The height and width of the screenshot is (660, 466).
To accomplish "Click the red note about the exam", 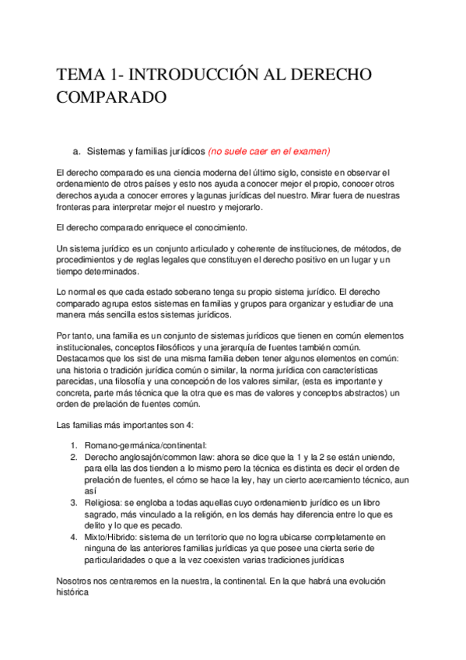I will tap(269, 151).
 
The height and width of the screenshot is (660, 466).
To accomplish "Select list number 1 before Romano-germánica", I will tap(72, 444).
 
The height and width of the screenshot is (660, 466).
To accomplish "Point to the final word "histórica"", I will tap(75, 593).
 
